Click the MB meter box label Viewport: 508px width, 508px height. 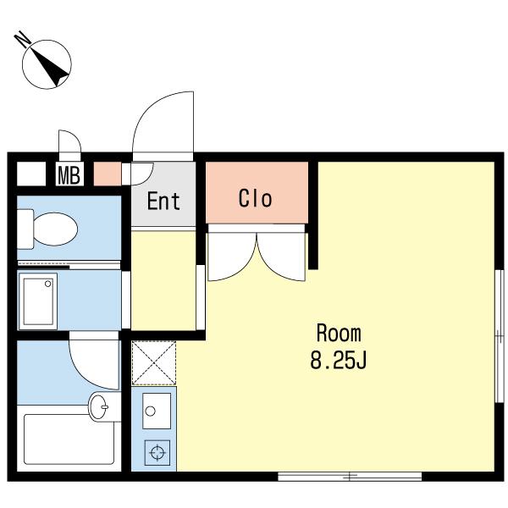(x=69, y=175)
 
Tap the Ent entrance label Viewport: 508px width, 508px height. (x=163, y=202)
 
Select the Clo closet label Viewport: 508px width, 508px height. (x=256, y=198)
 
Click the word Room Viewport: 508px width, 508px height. (x=339, y=333)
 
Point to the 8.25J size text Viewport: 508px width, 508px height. (x=339, y=360)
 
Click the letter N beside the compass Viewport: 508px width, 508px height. (x=23, y=39)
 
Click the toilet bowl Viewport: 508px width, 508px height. (x=55, y=229)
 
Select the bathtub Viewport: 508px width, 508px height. (x=69, y=439)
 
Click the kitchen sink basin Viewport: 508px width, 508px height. (x=157, y=411)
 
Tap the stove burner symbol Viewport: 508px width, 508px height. (x=157, y=451)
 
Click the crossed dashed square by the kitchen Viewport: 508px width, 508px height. (x=154, y=363)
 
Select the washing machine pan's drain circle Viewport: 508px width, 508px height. (x=48, y=284)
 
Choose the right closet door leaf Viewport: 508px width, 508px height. (x=281, y=257)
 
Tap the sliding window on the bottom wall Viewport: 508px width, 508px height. (x=350, y=476)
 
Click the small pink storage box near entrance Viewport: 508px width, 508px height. (x=108, y=174)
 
